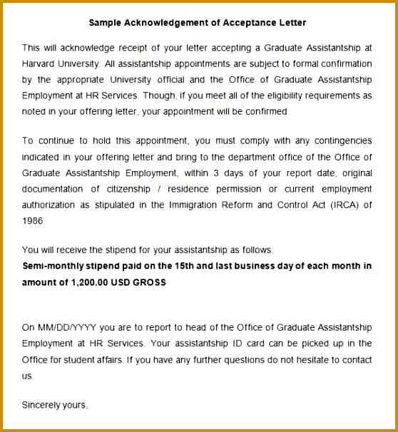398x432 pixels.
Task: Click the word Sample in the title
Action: (106, 22)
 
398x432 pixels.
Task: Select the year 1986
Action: (33, 221)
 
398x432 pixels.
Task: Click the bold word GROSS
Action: (148, 282)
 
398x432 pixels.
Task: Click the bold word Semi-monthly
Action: (52, 266)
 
